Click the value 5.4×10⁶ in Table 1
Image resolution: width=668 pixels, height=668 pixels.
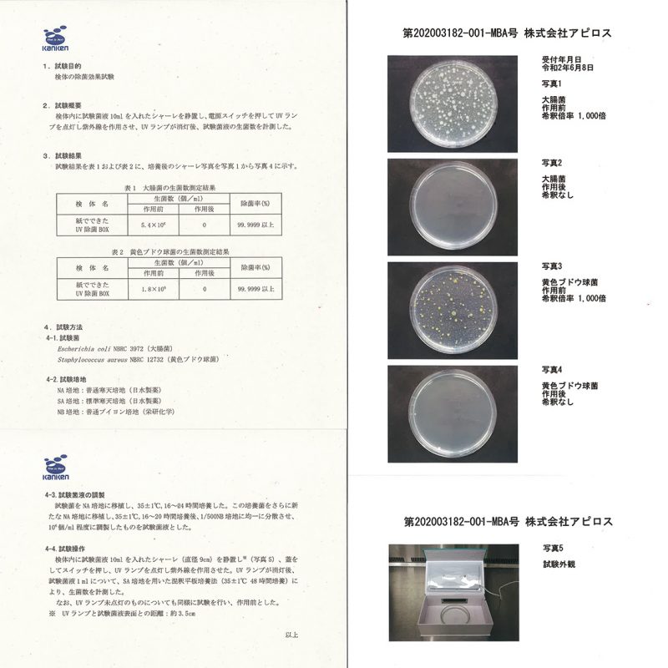151,225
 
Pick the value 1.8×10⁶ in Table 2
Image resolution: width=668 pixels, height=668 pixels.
151,288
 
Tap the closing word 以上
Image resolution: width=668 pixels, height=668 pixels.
291,635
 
